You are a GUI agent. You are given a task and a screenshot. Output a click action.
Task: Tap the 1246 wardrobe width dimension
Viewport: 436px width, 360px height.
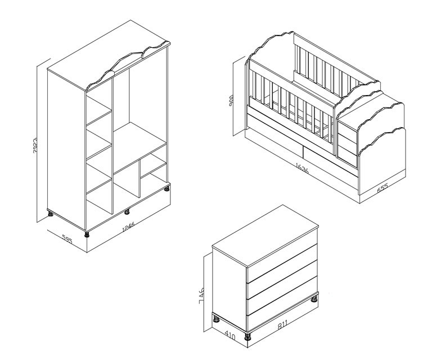click(128, 227)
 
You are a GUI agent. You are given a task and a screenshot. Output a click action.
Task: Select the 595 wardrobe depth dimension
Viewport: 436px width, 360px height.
click(67, 239)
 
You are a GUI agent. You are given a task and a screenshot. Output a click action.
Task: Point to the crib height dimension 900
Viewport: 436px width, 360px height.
click(231, 101)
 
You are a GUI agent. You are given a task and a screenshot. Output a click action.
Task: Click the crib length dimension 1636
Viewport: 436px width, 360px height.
click(302, 168)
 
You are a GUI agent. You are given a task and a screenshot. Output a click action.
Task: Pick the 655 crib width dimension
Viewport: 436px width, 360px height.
click(383, 188)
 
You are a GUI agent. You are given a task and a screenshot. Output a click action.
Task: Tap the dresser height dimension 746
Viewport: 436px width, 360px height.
click(202, 296)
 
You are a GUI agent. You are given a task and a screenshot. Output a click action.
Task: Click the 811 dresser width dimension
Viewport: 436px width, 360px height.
click(282, 324)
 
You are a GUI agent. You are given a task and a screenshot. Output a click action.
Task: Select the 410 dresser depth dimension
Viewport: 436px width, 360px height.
click(230, 336)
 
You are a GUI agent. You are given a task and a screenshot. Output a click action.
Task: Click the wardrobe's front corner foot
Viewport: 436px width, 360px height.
click(87, 235)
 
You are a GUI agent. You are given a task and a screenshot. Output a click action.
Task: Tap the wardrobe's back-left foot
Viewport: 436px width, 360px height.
click(51, 214)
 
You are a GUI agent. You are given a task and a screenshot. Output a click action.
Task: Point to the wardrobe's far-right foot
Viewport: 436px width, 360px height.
click(167, 189)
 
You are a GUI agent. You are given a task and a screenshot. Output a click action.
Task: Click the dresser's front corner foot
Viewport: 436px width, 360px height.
click(247, 337)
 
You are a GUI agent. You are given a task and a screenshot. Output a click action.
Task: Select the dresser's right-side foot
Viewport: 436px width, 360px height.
click(314, 299)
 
